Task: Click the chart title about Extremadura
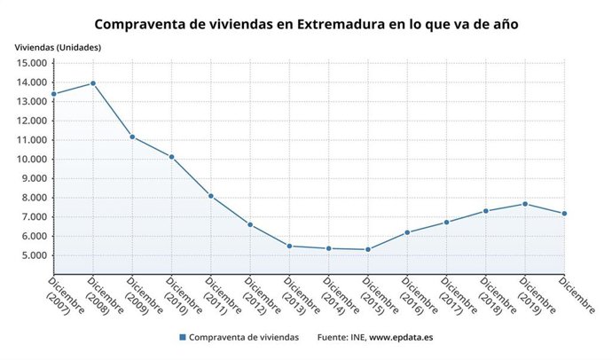(x=306, y=24)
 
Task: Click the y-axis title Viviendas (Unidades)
(x=58, y=47)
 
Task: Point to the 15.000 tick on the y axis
(x=31, y=63)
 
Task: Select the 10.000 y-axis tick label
(x=31, y=160)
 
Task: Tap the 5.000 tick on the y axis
(x=34, y=255)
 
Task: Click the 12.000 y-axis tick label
(x=31, y=121)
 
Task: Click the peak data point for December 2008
(x=93, y=83)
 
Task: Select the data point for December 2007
(x=54, y=94)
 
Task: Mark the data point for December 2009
(x=132, y=137)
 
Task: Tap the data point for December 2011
(x=211, y=196)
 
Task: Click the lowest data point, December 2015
(x=368, y=249)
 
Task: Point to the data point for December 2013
(x=289, y=246)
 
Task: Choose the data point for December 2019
(x=525, y=204)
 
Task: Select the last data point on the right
(x=564, y=214)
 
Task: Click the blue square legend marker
(x=183, y=337)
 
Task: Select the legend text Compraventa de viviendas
(x=244, y=337)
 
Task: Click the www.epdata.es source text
(x=401, y=337)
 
